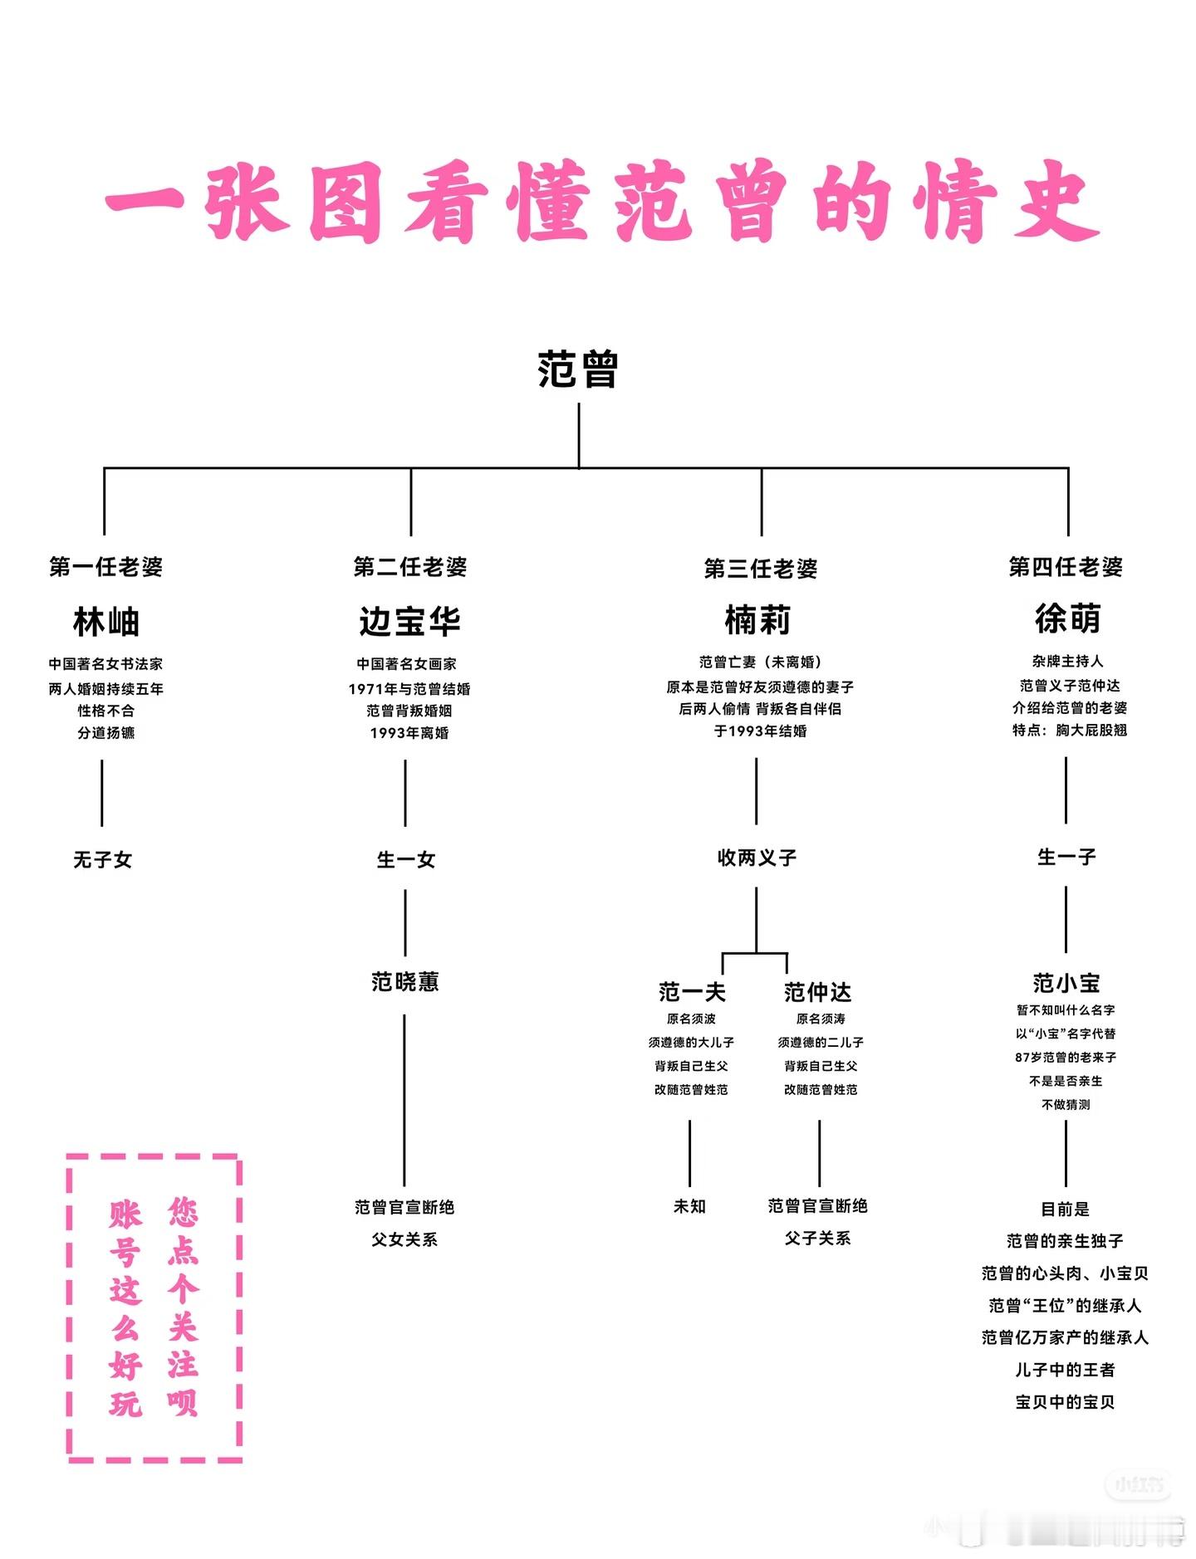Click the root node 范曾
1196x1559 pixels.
(x=578, y=369)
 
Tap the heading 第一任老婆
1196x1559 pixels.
(x=105, y=567)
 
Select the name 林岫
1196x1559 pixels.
(x=105, y=621)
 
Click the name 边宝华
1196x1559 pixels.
(x=409, y=621)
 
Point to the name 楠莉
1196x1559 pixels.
(x=757, y=619)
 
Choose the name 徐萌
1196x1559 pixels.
(x=1067, y=618)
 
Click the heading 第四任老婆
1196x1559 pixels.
(x=1066, y=567)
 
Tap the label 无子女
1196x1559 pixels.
(x=102, y=859)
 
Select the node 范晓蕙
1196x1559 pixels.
(x=405, y=982)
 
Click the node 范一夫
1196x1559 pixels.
(x=692, y=992)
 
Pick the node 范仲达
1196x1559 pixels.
(x=817, y=992)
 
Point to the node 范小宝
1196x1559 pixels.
(x=1066, y=983)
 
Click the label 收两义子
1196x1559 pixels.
(x=757, y=858)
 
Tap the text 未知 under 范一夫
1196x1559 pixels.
(x=689, y=1206)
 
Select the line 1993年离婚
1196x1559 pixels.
(x=409, y=733)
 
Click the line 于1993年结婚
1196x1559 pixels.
(x=760, y=731)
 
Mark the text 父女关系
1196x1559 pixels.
(x=404, y=1239)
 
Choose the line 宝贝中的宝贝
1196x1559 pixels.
(x=1066, y=1402)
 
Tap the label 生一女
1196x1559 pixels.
(x=406, y=859)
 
